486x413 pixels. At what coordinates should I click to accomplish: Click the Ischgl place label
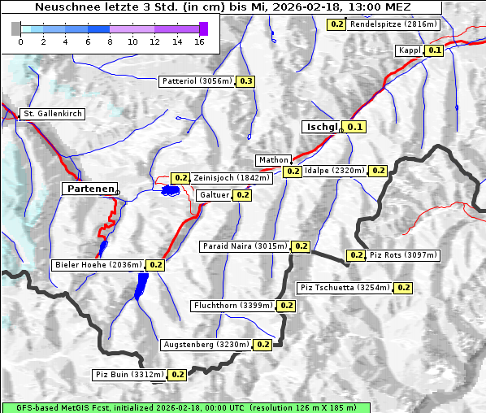pyautogui.click(x=321, y=127)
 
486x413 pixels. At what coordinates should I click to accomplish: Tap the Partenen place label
pyautogui.click(x=89, y=189)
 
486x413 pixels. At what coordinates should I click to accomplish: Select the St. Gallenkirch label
pyautogui.click(x=53, y=114)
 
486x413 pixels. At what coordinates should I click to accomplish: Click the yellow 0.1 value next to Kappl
pyautogui.click(x=435, y=50)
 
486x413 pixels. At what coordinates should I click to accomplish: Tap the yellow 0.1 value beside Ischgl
pyautogui.click(x=355, y=127)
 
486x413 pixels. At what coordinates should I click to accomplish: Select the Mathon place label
pyautogui.click(x=272, y=160)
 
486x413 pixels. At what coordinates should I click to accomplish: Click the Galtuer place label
pyautogui.click(x=214, y=195)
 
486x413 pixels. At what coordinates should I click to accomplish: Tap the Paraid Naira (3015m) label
pyautogui.click(x=245, y=246)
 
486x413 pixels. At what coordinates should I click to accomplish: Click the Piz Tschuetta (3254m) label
pyautogui.click(x=345, y=288)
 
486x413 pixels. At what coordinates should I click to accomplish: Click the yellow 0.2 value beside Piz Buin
pyautogui.click(x=178, y=375)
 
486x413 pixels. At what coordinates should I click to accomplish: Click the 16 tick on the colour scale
pyautogui.click(x=199, y=41)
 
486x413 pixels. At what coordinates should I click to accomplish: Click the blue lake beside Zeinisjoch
pyautogui.click(x=170, y=190)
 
